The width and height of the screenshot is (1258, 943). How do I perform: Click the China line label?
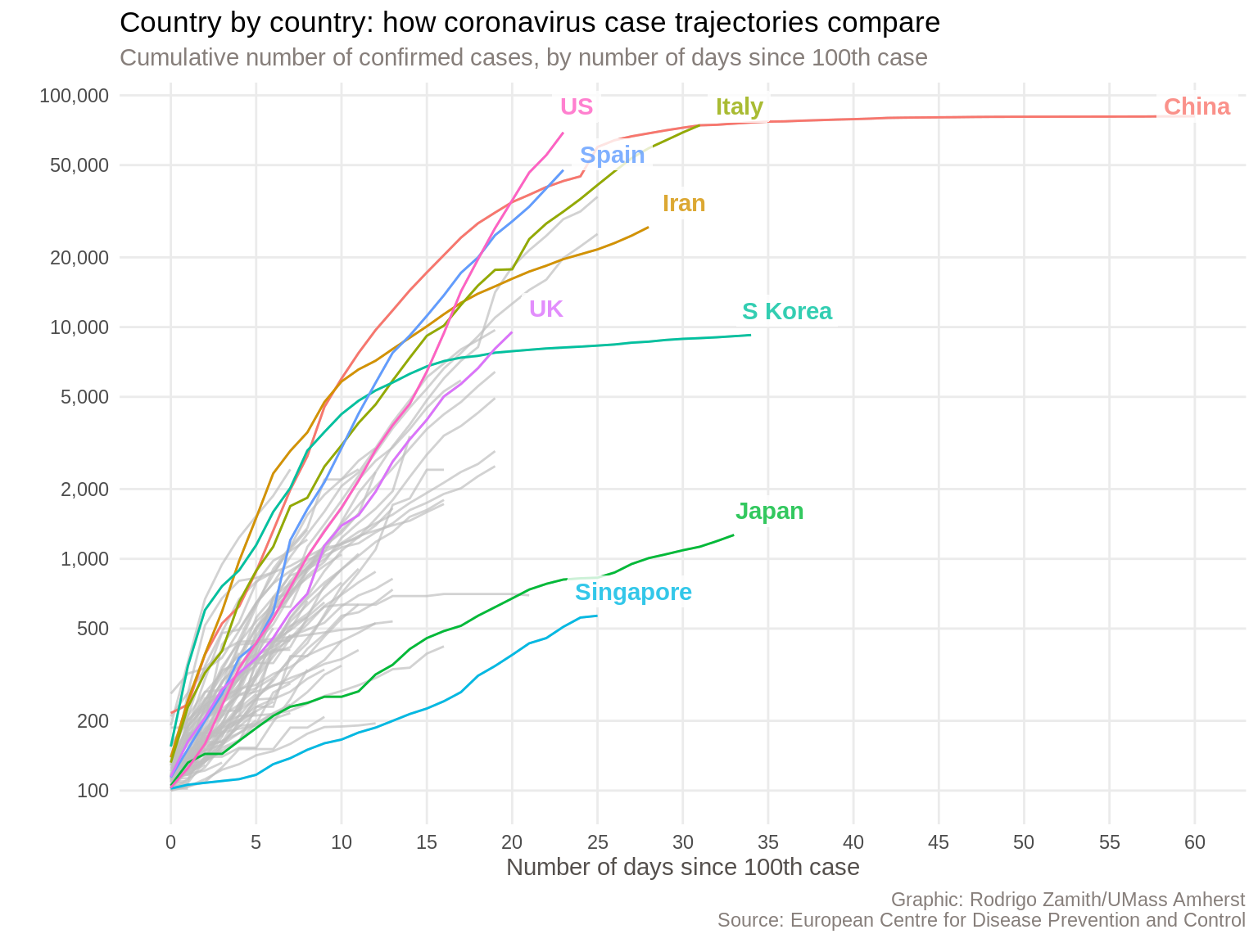1196,107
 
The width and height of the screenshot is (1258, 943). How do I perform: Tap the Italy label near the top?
739,107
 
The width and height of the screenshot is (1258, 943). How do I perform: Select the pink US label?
577,106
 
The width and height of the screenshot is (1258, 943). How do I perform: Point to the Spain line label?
612,155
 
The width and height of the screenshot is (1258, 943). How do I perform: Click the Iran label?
684,204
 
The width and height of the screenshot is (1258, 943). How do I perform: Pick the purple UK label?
545,309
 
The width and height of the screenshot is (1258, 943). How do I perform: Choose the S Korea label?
786,312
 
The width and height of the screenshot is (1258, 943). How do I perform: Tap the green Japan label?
769,512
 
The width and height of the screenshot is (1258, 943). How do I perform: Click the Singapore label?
633,593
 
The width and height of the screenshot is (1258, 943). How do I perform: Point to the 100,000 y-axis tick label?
75,96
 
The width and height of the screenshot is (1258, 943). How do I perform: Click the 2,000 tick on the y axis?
86,490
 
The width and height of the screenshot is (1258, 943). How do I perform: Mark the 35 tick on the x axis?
767,842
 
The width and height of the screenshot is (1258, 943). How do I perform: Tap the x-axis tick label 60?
1194,842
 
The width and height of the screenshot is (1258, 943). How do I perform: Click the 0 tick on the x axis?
170,842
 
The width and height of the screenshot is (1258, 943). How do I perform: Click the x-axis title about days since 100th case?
682,868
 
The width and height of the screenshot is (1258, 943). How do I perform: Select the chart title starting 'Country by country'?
529,23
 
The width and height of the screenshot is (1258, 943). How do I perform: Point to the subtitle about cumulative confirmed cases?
523,58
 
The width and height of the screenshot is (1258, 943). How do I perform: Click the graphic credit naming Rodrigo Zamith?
1067,900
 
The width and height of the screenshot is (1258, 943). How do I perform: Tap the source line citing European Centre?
980,921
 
